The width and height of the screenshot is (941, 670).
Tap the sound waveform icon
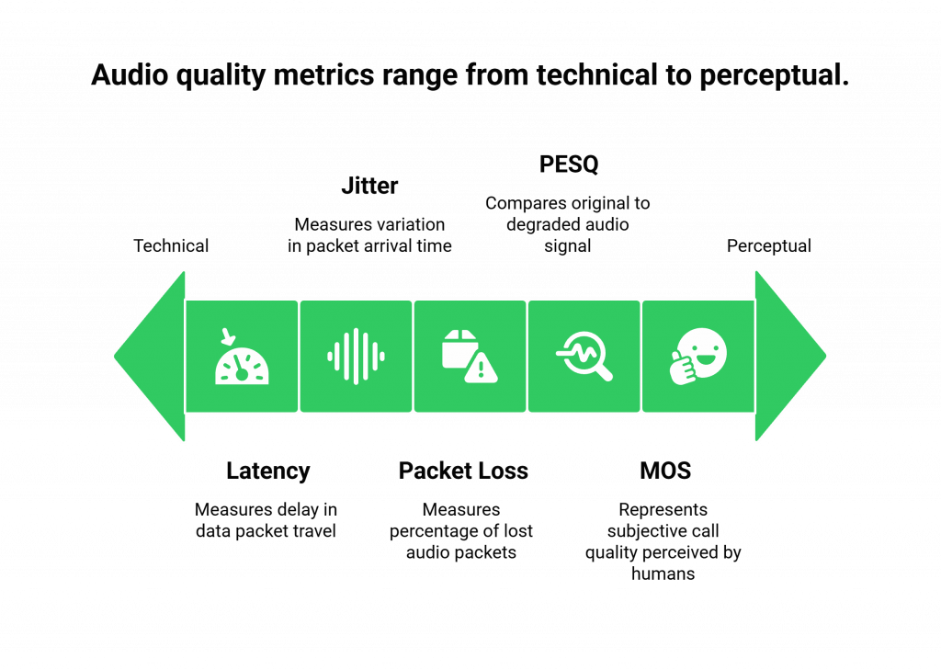356,356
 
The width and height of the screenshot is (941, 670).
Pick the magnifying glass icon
584,356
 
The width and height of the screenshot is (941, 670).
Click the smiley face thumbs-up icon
698,356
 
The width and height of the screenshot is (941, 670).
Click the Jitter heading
369,186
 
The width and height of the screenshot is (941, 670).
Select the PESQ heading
570,165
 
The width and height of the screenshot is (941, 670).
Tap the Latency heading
267,471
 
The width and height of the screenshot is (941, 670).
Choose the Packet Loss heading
463,471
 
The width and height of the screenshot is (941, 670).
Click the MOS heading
664,471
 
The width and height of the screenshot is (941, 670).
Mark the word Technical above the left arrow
172,246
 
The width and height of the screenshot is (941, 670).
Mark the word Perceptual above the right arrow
769,246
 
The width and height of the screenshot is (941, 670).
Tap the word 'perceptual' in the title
773,75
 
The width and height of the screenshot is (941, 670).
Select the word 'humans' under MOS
663,573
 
